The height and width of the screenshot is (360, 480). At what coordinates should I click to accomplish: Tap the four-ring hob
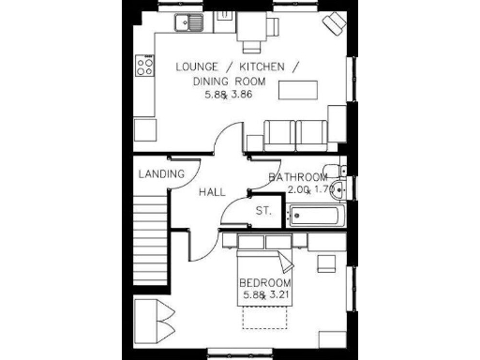click(145, 66)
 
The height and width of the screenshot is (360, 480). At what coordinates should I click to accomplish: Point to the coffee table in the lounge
click(300, 92)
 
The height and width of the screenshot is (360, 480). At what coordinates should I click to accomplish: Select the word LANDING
click(161, 174)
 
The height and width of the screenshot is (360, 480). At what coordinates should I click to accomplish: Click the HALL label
click(212, 192)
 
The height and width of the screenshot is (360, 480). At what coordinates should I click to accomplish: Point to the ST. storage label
click(263, 211)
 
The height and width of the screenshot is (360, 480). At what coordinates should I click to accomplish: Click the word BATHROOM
click(298, 177)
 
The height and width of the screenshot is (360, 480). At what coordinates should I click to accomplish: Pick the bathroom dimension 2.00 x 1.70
click(309, 189)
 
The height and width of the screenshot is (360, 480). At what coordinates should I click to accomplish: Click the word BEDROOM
click(265, 284)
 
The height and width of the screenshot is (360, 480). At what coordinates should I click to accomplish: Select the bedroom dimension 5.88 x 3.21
click(265, 296)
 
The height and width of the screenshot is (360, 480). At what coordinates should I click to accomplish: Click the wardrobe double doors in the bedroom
click(153, 319)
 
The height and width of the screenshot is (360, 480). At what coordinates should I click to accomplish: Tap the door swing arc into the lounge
click(225, 145)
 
